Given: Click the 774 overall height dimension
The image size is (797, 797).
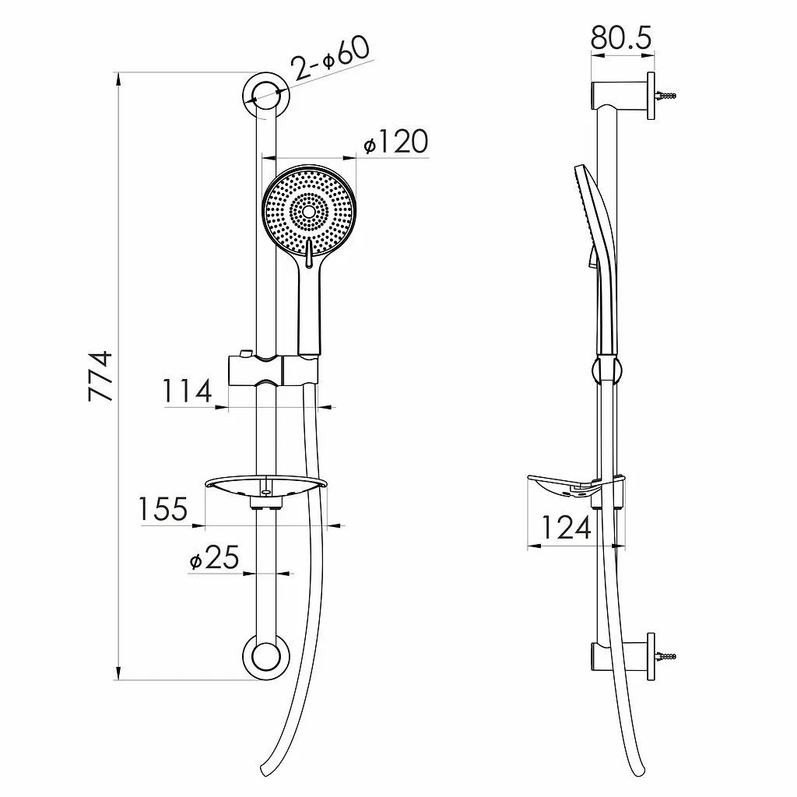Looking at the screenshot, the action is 100,376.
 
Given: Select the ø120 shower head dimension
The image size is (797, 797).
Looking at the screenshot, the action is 396,142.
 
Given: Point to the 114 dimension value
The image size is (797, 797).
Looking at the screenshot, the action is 187,391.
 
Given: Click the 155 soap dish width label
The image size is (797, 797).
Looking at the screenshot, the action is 163,509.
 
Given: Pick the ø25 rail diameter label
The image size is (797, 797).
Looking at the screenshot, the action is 214,557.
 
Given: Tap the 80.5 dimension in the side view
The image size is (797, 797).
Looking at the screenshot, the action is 621,37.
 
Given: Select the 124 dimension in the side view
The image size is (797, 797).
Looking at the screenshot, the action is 567,527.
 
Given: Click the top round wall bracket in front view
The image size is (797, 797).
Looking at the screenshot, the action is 266,96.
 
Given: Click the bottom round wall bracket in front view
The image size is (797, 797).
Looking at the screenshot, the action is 266,656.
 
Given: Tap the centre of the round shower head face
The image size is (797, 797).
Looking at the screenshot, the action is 309,211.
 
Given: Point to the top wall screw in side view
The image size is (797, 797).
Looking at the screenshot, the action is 666,96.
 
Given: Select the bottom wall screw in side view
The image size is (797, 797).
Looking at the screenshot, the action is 666,656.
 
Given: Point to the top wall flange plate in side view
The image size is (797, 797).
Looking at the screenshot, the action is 651,96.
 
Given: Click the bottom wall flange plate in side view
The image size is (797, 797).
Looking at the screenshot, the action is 651,657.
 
